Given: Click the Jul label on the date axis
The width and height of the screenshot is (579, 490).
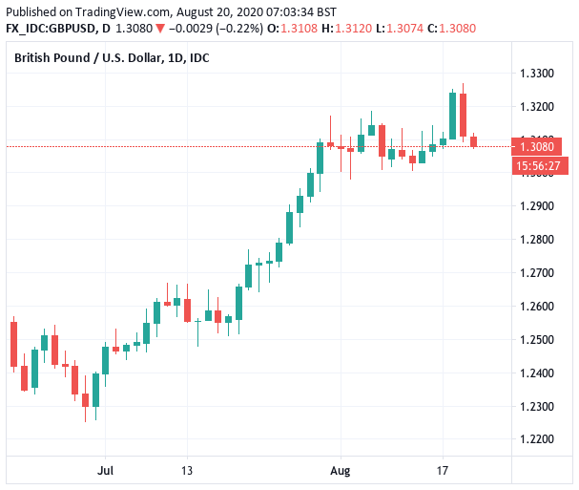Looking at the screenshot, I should pyautogui.click(x=106, y=471).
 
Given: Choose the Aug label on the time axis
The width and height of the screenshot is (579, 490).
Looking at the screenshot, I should pyautogui.click(x=341, y=471).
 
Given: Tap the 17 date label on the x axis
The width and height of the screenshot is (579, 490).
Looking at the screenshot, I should pyautogui.click(x=443, y=471).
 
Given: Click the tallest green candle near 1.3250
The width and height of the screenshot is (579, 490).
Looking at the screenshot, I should pyautogui.click(x=452, y=114).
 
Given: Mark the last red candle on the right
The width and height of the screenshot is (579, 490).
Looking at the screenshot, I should pyautogui.click(x=474, y=141).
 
